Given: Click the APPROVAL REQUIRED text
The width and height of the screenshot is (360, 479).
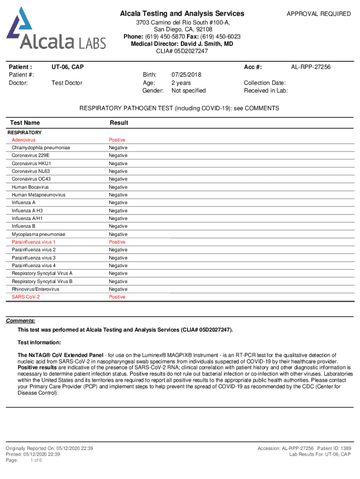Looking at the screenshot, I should click(318, 14).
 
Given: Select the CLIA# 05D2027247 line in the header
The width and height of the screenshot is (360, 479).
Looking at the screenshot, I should click(182, 51).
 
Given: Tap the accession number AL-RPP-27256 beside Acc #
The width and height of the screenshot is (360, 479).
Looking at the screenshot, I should click(310, 67).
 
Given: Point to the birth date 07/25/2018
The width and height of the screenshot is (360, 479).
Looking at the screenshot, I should click(187, 75).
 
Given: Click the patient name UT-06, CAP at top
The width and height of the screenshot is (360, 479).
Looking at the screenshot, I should click(68, 67).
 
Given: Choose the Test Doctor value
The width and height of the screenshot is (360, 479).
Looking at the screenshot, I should click(67, 83).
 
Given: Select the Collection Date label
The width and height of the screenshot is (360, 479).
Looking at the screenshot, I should click(265, 83).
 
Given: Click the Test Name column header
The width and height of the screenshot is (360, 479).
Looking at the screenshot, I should click(25, 123).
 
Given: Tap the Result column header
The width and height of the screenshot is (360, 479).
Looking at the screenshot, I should click(119, 123).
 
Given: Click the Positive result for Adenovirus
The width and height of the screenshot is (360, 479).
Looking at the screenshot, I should click(117, 140).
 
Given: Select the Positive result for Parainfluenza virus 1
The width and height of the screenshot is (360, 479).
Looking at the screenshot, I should click(117, 242).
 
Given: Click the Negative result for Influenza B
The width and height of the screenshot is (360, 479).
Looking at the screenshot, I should click(118, 226).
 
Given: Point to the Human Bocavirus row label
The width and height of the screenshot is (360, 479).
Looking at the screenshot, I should click(30, 187).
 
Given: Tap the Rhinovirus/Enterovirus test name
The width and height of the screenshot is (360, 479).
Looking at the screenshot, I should click(36, 289).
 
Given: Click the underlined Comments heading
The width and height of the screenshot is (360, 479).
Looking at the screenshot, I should click(20, 321).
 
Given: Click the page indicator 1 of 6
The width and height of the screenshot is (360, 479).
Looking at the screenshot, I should click(36, 460).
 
